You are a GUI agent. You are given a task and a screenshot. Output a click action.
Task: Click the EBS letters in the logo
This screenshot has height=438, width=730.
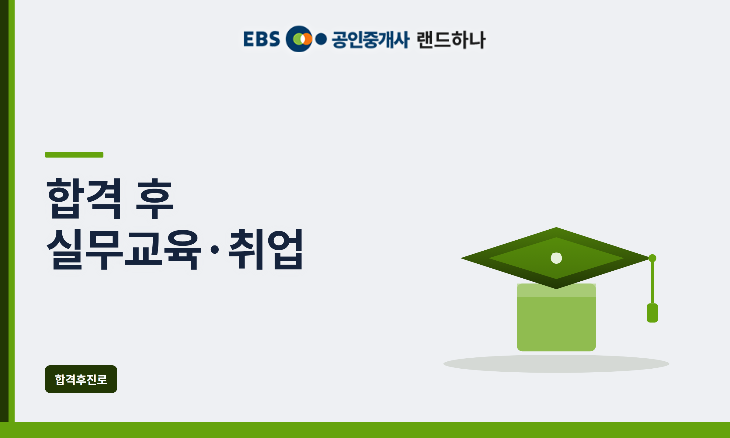click(x=261, y=39)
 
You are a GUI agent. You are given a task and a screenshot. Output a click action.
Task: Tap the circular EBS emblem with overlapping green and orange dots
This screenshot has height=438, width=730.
click(x=299, y=39)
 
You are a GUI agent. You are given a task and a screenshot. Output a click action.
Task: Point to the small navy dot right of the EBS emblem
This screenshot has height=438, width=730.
click(x=321, y=39)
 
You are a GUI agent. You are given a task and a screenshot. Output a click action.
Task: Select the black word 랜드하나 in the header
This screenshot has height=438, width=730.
click(x=451, y=40)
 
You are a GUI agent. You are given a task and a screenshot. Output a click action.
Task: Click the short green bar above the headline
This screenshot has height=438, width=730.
click(x=74, y=155)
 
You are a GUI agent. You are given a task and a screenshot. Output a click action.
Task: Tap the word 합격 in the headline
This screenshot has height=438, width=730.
click(x=84, y=199)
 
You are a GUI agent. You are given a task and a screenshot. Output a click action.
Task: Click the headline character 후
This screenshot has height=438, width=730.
click(x=155, y=199)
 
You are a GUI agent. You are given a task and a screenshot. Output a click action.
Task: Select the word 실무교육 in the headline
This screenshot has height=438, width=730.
click(x=124, y=249)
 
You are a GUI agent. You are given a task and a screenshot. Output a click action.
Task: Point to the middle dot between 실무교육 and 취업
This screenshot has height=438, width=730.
click(x=215, y=250)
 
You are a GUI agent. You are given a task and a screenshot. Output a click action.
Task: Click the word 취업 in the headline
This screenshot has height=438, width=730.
click(x=266, y=249)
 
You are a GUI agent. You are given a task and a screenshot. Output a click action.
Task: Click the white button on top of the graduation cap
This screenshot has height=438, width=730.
click(x=556, y=258)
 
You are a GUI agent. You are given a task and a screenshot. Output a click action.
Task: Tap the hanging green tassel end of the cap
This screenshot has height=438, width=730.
click(x=652, y=313)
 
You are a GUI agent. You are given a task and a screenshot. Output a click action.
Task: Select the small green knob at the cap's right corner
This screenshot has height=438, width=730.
click(x=652, y=258)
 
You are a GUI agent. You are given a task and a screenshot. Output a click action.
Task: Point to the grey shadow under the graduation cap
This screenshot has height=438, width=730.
click(x=556, y=364)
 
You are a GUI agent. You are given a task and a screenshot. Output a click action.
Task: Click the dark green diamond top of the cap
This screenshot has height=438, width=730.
click(x=517, y=258)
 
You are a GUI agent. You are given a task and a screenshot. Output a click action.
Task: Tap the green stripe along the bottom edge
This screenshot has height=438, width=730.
click(x=365, y=430)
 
